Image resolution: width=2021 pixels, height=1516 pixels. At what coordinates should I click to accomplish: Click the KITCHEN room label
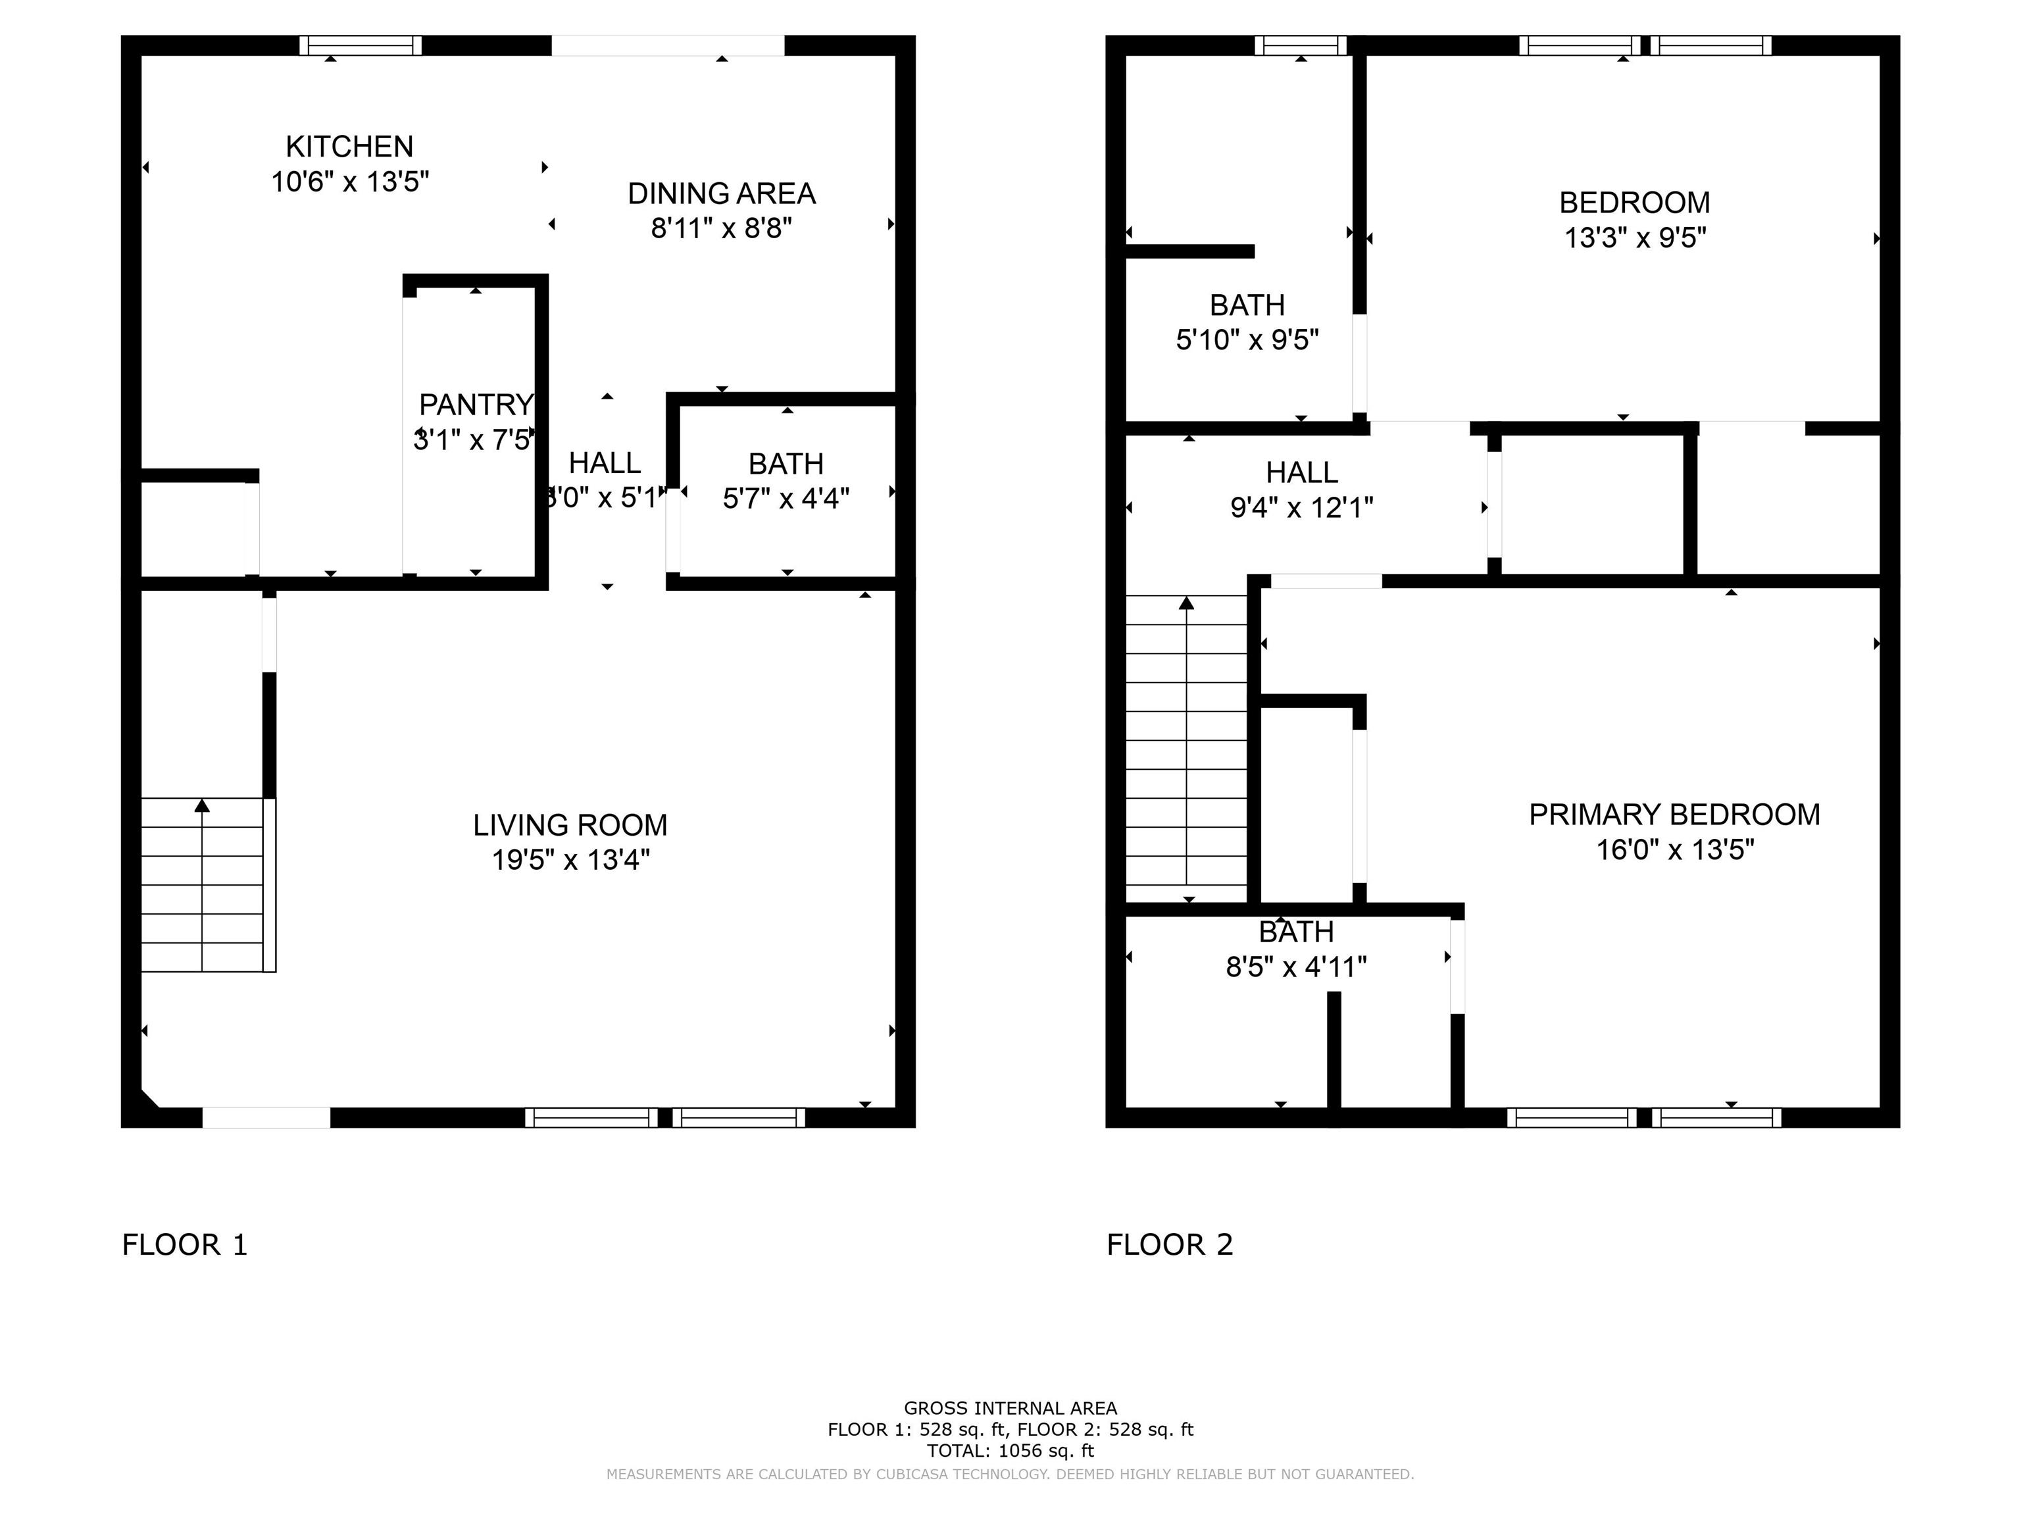pos(349,146)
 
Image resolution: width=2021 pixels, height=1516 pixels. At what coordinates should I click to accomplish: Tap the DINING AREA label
pos(721,193)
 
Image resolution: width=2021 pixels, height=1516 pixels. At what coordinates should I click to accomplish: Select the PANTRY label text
pos(475,404)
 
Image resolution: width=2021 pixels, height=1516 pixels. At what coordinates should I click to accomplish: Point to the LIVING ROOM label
pos(570,825)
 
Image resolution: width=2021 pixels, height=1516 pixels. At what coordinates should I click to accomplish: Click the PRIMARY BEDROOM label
pos(1675,814)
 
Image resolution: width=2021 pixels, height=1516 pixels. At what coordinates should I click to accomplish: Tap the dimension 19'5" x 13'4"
pos(570,860)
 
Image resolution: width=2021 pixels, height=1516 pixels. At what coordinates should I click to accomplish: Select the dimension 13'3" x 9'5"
pos(1635,238)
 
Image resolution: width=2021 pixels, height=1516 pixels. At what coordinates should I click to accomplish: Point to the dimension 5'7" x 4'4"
pos(786,498)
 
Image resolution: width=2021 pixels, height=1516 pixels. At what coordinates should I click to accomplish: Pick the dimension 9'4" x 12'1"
pos(1302,507)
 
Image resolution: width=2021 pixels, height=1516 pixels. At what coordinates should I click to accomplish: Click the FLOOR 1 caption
pos(185,1245)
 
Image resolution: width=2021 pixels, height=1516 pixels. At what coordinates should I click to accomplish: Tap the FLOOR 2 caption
pos(1170,1245)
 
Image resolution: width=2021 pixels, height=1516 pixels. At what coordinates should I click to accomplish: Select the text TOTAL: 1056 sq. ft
pos(1010,1451)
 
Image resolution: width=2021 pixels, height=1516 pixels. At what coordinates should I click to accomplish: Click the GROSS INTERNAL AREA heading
pos(1010,1408)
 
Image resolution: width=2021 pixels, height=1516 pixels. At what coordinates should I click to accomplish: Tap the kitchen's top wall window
pos(360,45)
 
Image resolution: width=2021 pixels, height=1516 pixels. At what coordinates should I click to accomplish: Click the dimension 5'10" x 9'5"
pos(1247,340)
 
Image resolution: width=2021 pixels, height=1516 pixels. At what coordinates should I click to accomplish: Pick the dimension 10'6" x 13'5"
pos(350,181)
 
